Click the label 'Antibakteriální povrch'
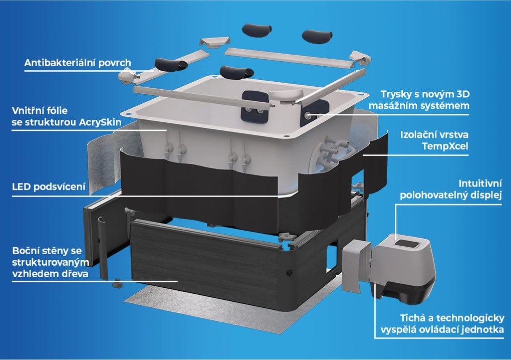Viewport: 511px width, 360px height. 78,63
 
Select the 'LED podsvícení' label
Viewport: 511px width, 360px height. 49,187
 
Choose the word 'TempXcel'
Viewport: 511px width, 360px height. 445,146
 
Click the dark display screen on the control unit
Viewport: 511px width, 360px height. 405,243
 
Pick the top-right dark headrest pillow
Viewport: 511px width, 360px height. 317,36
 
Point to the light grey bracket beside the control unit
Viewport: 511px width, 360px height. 356,266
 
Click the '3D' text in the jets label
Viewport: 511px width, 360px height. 463,94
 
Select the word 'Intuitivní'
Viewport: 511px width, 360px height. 480,184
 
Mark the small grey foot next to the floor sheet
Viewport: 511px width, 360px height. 117,284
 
